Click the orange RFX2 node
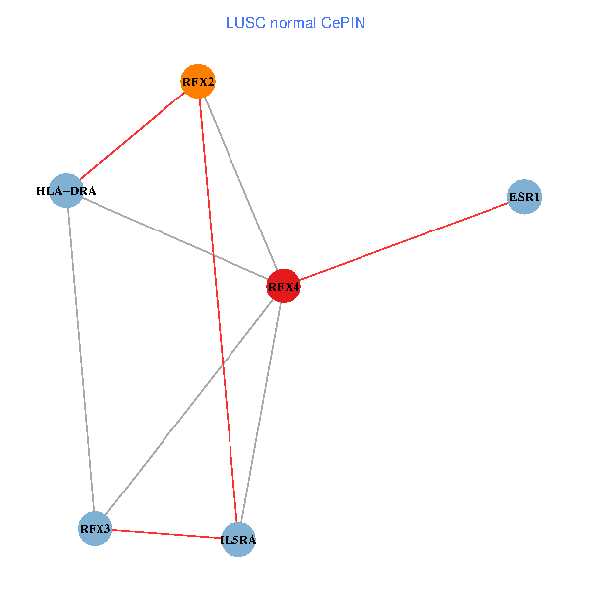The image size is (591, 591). click(198, 81)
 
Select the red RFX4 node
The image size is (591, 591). click(284, 288)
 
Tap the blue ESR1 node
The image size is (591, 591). click(524, 197)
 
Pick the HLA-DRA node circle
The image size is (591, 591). click(66, 190)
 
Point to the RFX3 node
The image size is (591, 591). click(95, 529)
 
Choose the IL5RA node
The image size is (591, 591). click(238, 539)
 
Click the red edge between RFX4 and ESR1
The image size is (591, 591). click(404, 242)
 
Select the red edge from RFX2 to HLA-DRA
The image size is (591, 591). click(132, 136)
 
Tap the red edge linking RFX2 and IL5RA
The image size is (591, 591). click(218, 309)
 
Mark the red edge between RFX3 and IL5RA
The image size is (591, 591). click(166, 534)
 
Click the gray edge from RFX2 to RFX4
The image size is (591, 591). click(240, 184)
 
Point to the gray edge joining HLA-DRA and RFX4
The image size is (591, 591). click(174, 238)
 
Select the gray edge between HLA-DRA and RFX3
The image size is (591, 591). click(80, 360)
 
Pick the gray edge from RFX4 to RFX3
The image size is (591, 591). click(189, 408)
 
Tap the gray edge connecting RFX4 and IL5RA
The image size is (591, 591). click(261, 414)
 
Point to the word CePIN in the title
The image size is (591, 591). click(345, 21)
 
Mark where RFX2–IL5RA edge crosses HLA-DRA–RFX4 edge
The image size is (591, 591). click(213, 256)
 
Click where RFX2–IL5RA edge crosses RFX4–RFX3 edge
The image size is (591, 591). click(224, 364)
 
